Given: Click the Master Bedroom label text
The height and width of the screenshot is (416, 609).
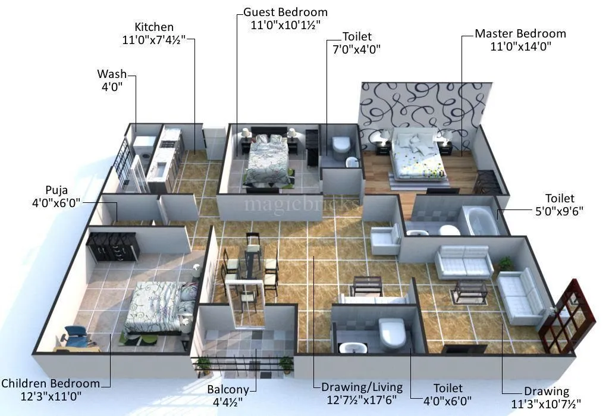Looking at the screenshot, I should click(520, 34).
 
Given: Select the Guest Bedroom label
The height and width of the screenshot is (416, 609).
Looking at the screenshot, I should click(285, 12).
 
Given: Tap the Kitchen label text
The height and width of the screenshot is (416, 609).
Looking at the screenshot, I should click(154, 27).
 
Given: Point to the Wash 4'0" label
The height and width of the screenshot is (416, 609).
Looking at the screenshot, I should click(112, 80).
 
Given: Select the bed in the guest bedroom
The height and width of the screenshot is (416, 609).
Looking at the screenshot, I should click(269, 159).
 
